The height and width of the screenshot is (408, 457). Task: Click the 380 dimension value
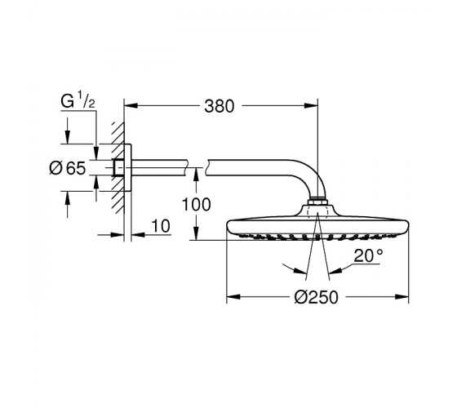(x=220, y=106)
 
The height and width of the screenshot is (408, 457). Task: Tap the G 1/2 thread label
(x=78, y=101)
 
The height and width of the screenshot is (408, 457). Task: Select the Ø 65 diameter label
(x=68, y=168)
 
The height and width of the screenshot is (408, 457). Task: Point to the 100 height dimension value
(x=196, y=204)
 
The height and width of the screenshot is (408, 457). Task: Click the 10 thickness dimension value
(x=161, y=226)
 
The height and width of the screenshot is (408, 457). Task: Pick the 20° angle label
(x=368, y=255)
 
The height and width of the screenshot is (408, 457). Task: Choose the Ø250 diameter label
(x=317, y=297)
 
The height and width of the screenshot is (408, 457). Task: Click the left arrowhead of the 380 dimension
(x=131, y=105)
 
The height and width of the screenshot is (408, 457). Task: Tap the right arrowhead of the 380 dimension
(x=311, y=105)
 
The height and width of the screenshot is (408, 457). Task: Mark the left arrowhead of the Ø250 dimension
(x=233, y=297)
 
